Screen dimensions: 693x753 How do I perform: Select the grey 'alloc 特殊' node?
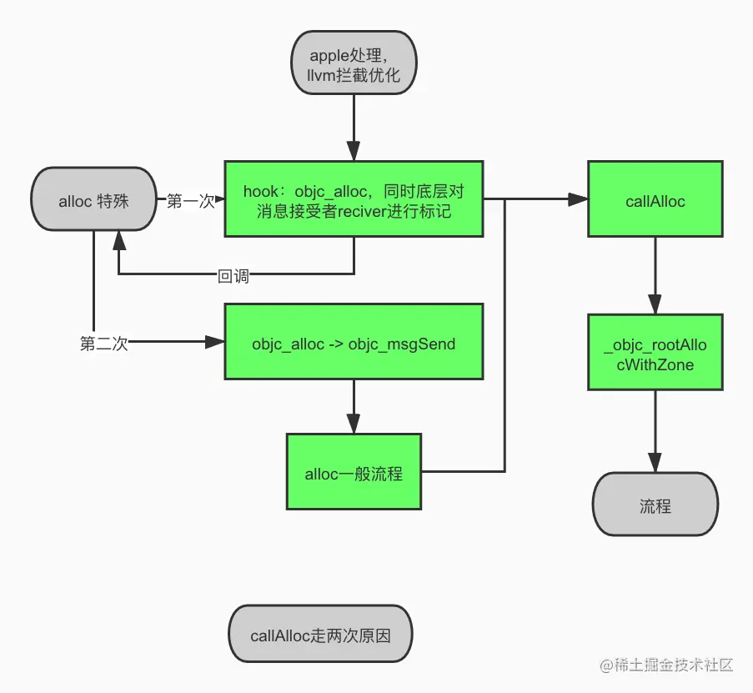point(93,201)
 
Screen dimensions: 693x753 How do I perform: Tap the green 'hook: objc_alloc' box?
point(354,199)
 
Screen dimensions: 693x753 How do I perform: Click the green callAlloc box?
point(655,200)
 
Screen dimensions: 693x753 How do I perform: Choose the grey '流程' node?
point(655,505)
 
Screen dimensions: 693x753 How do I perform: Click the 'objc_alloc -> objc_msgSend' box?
point(354,343)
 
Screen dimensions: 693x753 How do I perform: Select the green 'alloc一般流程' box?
point(354,473)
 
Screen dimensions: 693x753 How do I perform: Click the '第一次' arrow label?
point(190,201)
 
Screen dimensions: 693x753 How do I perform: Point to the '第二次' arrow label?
point(104,343)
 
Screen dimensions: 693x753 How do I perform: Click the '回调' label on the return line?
point(233,276)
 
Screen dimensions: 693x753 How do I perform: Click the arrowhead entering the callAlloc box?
point(578,200)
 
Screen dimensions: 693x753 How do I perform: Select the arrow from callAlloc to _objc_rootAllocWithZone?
point(655,275)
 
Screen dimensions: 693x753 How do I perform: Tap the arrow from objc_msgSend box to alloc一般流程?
point(354,407)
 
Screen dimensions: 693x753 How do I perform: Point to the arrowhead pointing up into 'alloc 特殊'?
point(118,240)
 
